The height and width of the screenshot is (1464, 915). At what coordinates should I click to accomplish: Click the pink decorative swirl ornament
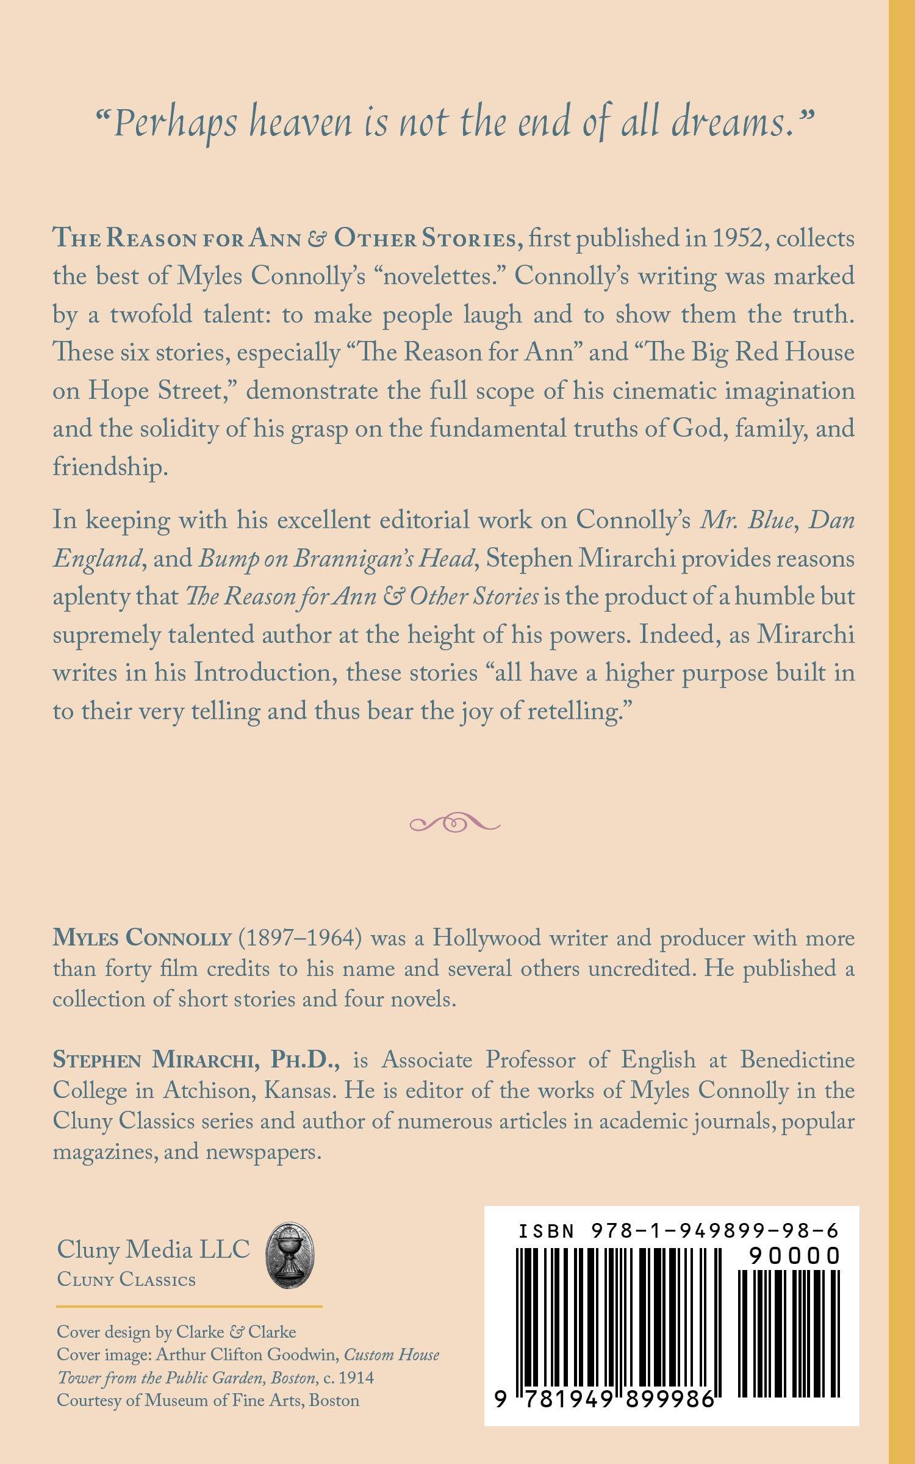point(455,824)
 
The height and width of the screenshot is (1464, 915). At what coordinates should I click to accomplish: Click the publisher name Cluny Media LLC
point(154,1249)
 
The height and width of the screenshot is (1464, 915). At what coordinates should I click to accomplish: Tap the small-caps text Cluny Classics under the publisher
point(126,1280)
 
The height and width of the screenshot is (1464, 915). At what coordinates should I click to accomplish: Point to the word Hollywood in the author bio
point(482,938)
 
